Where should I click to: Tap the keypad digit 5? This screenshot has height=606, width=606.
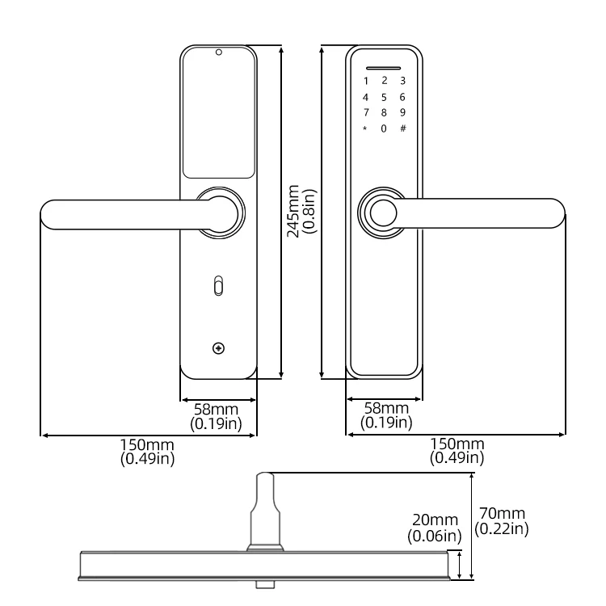[384, 96]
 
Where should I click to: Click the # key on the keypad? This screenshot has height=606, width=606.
[402, 128]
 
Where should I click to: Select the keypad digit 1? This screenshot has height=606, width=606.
[365, 81]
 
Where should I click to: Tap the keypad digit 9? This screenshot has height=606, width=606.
[402, 112]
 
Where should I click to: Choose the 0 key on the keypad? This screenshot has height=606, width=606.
[384, 128]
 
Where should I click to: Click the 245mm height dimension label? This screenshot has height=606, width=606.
[301, 209]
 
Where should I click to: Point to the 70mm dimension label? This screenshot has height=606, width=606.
[501, 520]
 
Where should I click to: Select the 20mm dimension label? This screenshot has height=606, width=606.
[434, 526]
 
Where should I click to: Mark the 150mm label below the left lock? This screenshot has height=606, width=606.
[147, 451]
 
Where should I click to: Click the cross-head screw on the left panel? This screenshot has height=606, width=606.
[217, 348]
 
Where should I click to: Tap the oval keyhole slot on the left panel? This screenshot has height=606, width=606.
[217, 285]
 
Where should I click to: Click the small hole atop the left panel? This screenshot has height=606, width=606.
[218, 53]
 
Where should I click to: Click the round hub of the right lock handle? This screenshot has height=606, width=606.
[382, 213]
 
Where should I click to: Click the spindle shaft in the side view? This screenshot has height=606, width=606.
[265, 509]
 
